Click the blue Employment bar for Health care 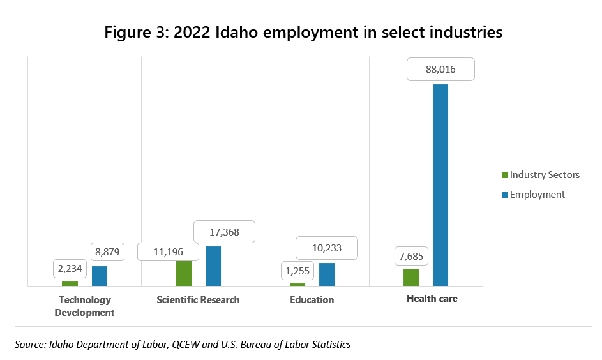coord(440,185)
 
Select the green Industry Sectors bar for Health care coord(411,277)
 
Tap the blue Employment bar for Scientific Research coord(213,266)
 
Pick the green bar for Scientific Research coord(184,273)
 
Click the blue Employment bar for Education coord(327,274)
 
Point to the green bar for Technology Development coord(70,283)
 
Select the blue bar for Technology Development coord(100,276)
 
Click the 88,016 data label coord(440,70)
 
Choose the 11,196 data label coord(169,252)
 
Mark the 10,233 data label coord(326,248)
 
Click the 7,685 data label coord(411,256)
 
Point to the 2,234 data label coord(70,269)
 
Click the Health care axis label coord(432,299)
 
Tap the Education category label coord(312,299)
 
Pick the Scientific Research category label coord(198,299)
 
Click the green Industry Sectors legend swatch coord(504,175)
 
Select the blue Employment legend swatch coord(504,195)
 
